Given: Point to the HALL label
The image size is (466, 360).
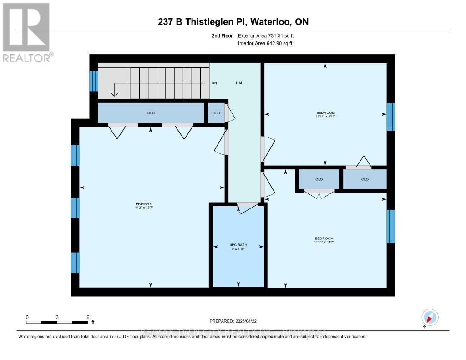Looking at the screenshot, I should (x=240, y=83).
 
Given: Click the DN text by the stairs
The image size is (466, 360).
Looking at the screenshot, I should (x=214, y=83).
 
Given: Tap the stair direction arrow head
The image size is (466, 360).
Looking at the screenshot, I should (x=114, y=94).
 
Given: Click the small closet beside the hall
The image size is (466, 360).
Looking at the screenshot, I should (x=216, y=113).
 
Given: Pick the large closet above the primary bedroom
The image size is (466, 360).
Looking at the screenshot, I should (x=151, y=113).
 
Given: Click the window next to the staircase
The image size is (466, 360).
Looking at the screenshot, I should (x=94, y=81).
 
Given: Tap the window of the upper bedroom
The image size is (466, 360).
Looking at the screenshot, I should (x=390, y=117).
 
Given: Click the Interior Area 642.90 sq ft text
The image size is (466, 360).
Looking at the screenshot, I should (x=265, y=44).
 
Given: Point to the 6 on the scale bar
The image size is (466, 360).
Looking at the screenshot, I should (x=87, y=317).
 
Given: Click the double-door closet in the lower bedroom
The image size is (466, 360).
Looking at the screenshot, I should (x=319, y=193).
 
